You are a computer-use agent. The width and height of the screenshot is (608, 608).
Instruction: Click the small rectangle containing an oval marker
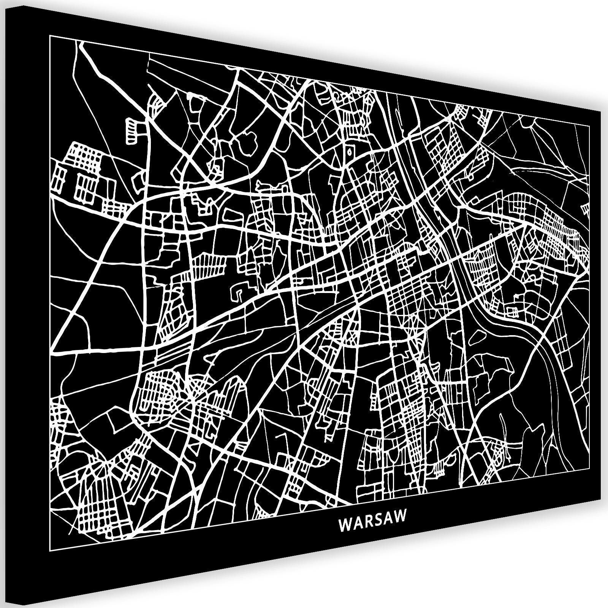pos(349,151)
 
